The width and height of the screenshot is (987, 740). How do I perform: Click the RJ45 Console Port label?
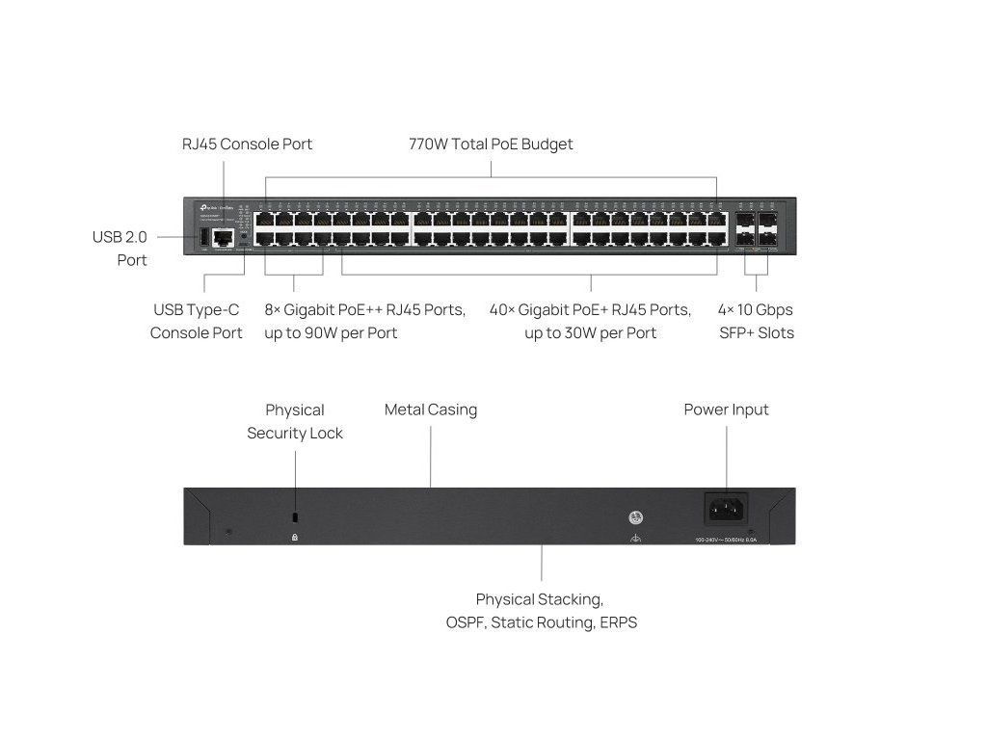pyautogui.click(x=247, y=145)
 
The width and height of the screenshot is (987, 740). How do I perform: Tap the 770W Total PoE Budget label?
pyautogui.click(x=491, y=145)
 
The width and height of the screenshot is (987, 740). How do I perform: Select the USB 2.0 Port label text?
pyautogui.click(x=120, y=248)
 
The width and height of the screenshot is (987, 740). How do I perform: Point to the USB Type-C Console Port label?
pyautogui.click(x=197, y=321)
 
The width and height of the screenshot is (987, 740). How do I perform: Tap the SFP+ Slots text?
pyautogui.click(x=756, y=333)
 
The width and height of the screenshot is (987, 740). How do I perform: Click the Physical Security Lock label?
pyautogui.click(x=295, y=421)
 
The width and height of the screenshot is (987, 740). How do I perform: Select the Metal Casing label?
pyautogui.click(x=431, y=410)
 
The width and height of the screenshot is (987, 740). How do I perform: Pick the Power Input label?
pyautogui.click(x=727, y=410)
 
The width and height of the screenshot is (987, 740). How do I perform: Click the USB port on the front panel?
pyautogui.click(x=203, y=237)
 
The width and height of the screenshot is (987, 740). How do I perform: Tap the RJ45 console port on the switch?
pyautogui.click(x=224, y=237)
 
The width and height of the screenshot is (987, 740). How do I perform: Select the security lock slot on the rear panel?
pyautogui.click(x=295, y=516)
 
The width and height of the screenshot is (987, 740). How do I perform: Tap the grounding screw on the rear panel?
pyautogui.click(x=635, y=516)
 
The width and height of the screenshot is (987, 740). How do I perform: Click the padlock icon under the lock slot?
pyautogui.click(x=295, y=537)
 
